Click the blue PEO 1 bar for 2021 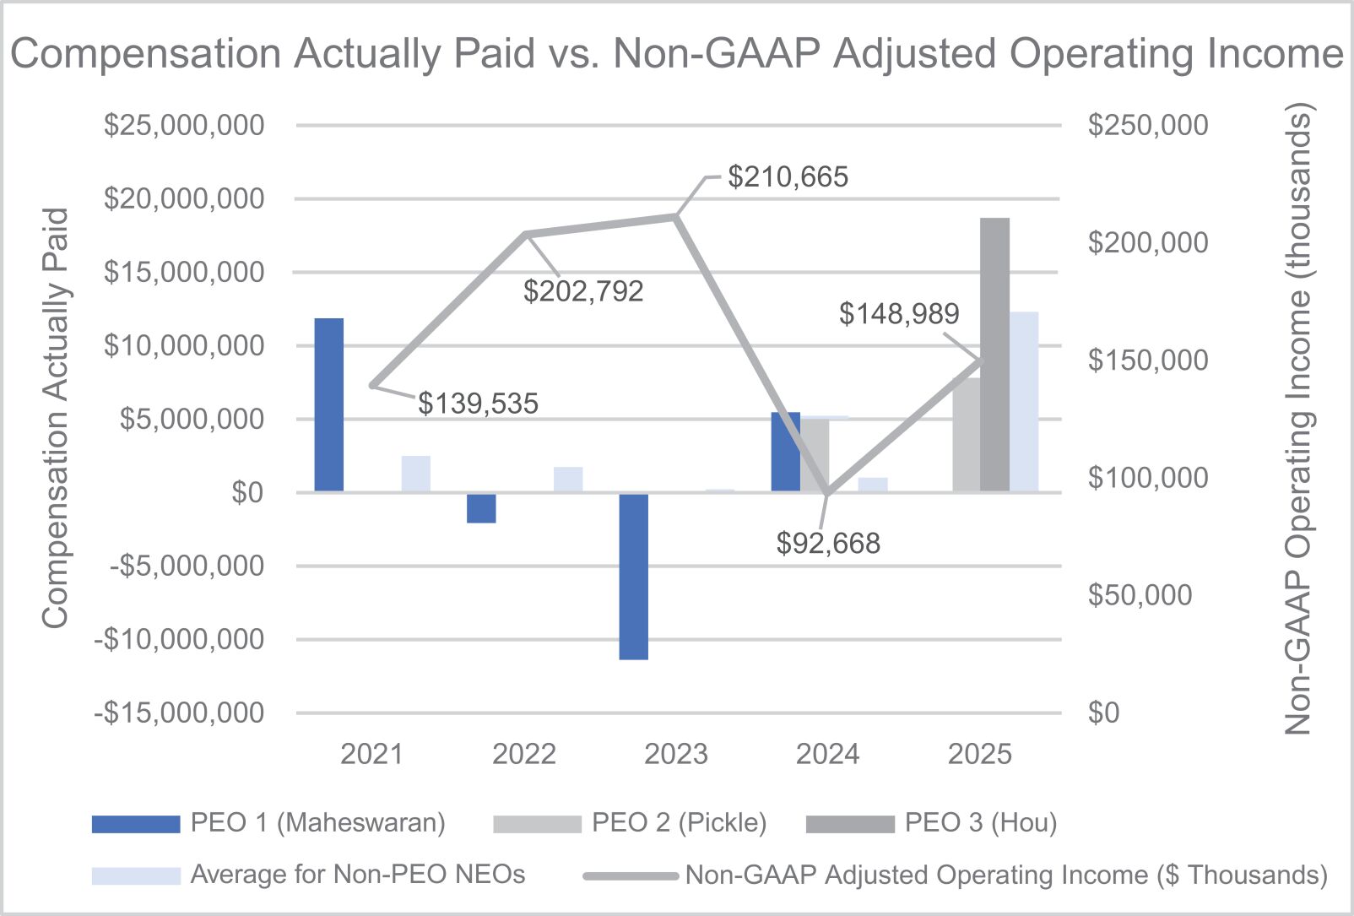[329, 404]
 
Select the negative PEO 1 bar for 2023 [633, 576]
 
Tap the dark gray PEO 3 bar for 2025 [994, 355]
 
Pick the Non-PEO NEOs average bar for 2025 [1024, 402]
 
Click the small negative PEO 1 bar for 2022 [481, 508]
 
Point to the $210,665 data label [788, 177]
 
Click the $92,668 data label [828, 544]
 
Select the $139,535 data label [478, 404]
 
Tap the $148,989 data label [898, 314]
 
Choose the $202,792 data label [583, 291]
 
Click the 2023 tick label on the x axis [675, 754]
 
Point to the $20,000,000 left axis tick [183, 198]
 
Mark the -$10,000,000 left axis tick [178, 639]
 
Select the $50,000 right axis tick [1140, 595]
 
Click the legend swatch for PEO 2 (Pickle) [537, 824]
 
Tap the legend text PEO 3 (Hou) [980, 822]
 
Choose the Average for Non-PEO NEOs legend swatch [136, 875]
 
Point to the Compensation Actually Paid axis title [56, 418]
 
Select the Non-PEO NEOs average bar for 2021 [415, 474]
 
